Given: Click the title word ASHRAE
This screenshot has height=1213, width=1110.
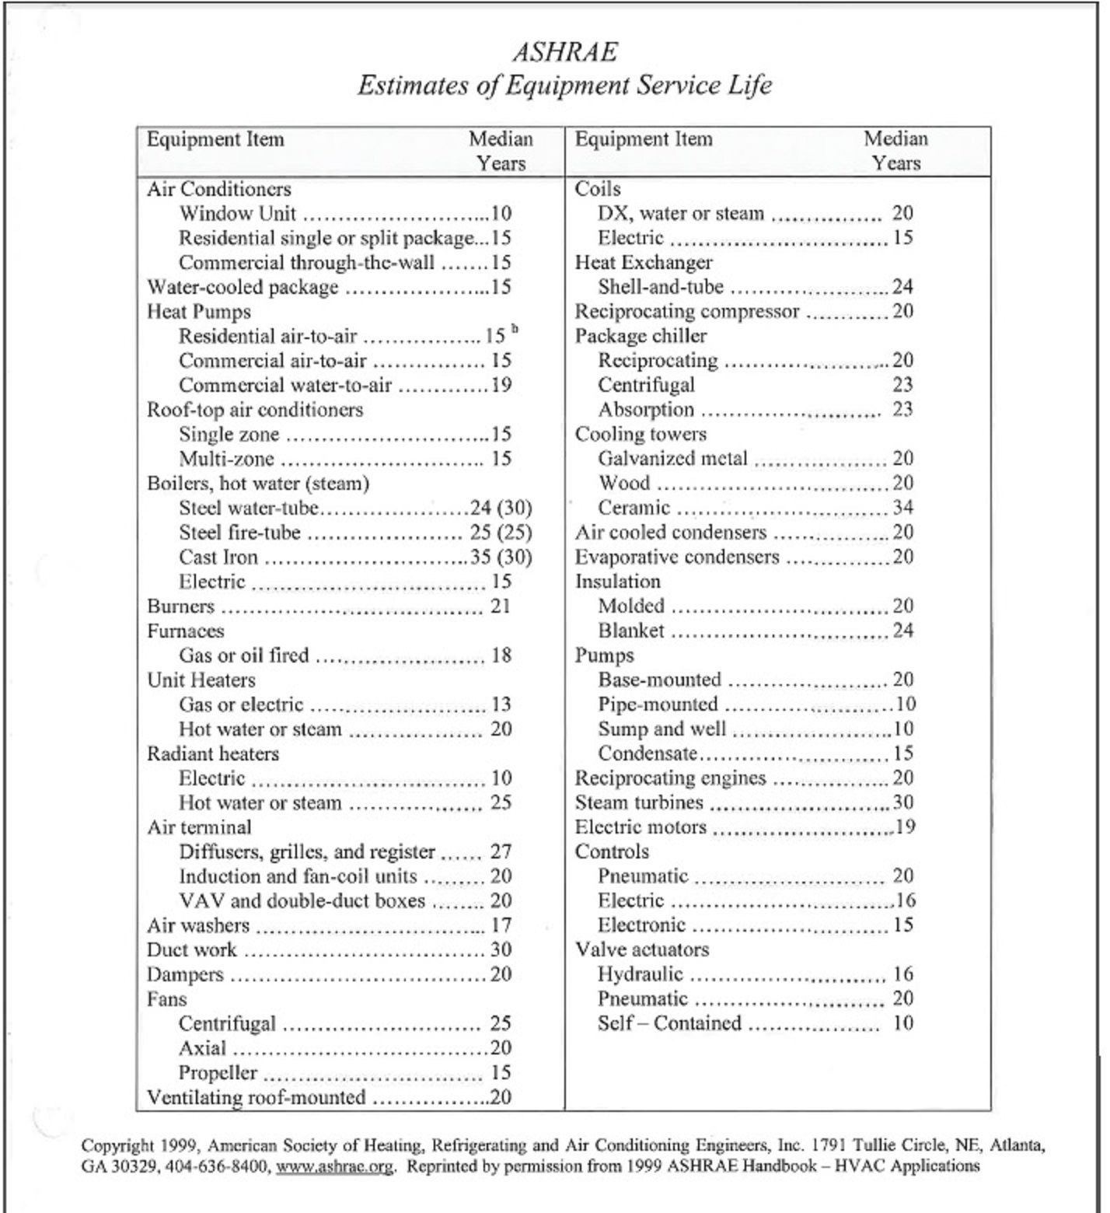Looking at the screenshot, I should tap(565, 52).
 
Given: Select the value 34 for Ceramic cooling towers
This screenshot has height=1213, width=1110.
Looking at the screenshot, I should tap(902, 508).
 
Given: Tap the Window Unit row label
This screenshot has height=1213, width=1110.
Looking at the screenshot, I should tap(237, 214).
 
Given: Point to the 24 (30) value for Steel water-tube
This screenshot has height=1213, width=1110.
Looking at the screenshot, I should tap(501, 509).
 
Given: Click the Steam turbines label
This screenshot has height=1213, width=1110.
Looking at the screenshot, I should tap(639, 802).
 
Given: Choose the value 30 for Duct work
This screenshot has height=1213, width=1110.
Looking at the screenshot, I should tap(501, 949).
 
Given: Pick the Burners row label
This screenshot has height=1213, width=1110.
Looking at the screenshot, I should tap(180, 606).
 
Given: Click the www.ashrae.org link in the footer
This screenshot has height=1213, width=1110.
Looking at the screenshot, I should tap(334, 1166).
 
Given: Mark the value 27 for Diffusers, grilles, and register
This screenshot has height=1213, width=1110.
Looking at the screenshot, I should tap(501, 851).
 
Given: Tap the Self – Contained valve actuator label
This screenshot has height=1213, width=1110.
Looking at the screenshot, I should tap(669, 1023).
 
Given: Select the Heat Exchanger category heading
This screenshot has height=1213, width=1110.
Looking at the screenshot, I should tap(644, 263).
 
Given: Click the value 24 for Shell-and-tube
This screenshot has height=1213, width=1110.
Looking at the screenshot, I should tap(902, 287).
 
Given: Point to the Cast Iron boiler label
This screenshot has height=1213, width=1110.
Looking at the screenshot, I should tap(218, 558).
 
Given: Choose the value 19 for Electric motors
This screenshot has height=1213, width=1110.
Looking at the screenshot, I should tap(905, 827).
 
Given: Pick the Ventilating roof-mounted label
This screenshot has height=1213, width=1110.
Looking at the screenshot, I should tap(257, 1097).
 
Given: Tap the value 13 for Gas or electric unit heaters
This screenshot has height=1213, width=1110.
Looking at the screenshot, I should tap(501, 704).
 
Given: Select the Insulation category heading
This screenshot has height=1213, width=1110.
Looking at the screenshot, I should tap(618, 582).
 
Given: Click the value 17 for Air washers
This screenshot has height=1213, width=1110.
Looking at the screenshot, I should tap(501, 925).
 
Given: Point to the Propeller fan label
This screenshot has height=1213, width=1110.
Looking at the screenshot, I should tap(218, 1073).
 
